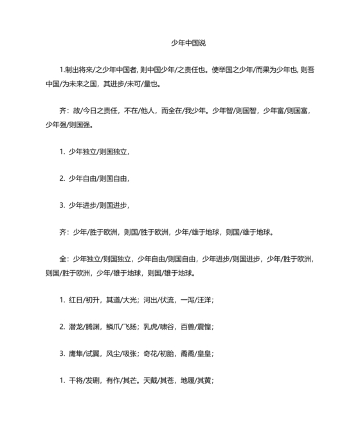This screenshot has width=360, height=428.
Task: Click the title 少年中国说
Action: click(188, 43)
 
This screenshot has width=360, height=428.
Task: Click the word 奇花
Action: click(152, 354)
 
